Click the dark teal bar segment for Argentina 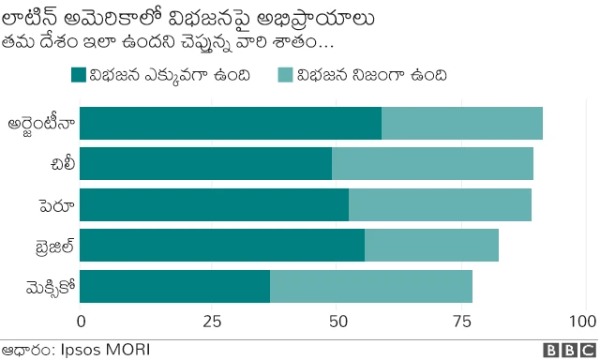[x=231, y=124]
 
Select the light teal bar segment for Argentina [x=462, y=124]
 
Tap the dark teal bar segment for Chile [x=205, y=164]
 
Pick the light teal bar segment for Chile [x=432, y=164]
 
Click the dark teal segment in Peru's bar [x=214, y=204]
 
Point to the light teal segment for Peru [x=440, y=204]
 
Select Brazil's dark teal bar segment [x=222, y=246]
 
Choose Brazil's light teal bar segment [x=431, y=246]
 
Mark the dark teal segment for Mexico [x=174, y=286]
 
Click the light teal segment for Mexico [x=371, y=286]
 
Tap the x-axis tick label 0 [x=81, y=322]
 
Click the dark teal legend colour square [x=79, y=76]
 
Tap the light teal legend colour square [x=285, y=76]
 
